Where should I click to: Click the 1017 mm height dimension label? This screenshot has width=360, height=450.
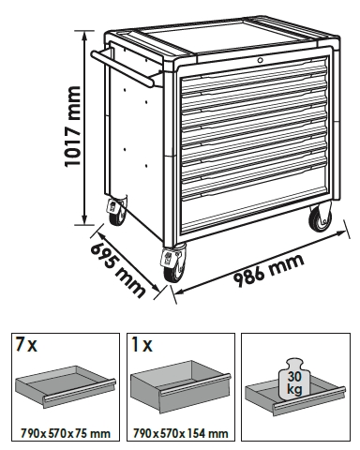72,127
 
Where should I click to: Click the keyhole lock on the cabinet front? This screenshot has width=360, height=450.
261,61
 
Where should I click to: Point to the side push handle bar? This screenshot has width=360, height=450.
123,68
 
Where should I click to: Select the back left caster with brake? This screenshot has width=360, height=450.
117,209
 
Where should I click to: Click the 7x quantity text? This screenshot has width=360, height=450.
25,344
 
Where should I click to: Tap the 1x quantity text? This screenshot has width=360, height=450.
142,344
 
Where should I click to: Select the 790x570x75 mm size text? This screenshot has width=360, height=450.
66,433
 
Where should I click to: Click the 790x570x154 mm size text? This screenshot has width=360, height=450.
181,433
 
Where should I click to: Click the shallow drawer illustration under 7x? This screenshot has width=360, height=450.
66,386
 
